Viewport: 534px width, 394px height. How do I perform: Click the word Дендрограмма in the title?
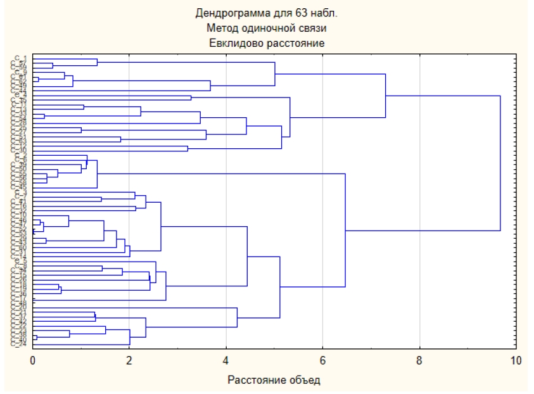pyautogui.click(x=229, y=14)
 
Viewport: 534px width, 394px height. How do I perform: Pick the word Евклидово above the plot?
pyautogui.click(x=239, y=43)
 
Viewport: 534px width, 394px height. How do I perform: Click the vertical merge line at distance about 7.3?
pyautogui.click(x=386, y=95)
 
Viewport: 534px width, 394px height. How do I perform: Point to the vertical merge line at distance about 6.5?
pyautogui.click(x=345, y=228)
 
